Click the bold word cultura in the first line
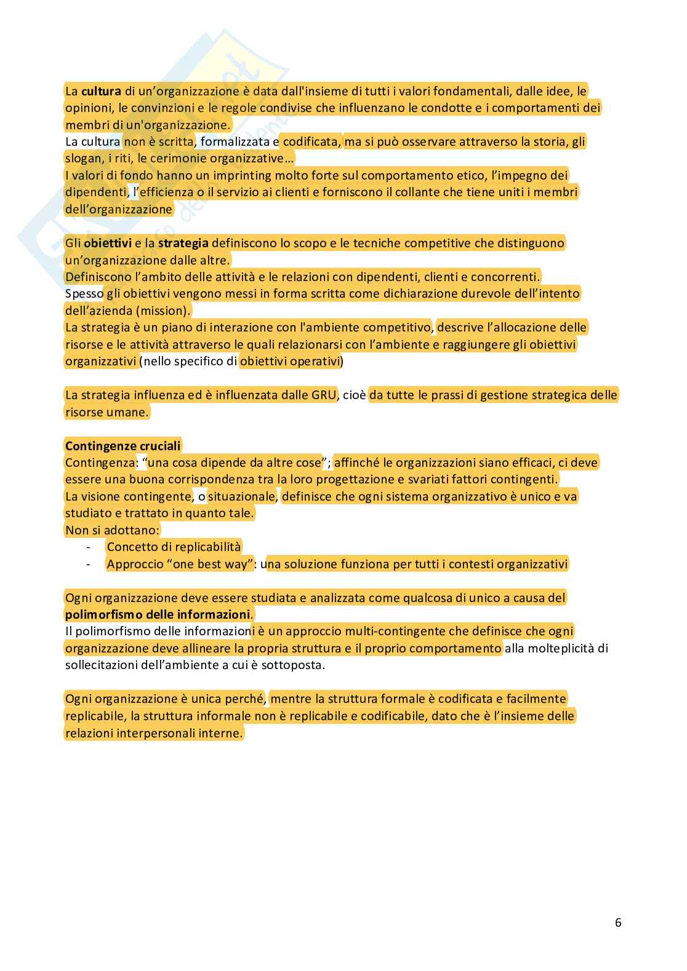(x=101, y=92)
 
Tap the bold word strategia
(x=183, y=243)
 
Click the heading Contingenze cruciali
(x=123, y=446)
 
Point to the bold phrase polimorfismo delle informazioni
(x=158, y=614)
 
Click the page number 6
(x=618, y=922)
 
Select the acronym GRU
(x=320, y=395)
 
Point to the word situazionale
(x=243, y=496)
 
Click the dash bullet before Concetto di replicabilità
(x=89, y=547)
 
